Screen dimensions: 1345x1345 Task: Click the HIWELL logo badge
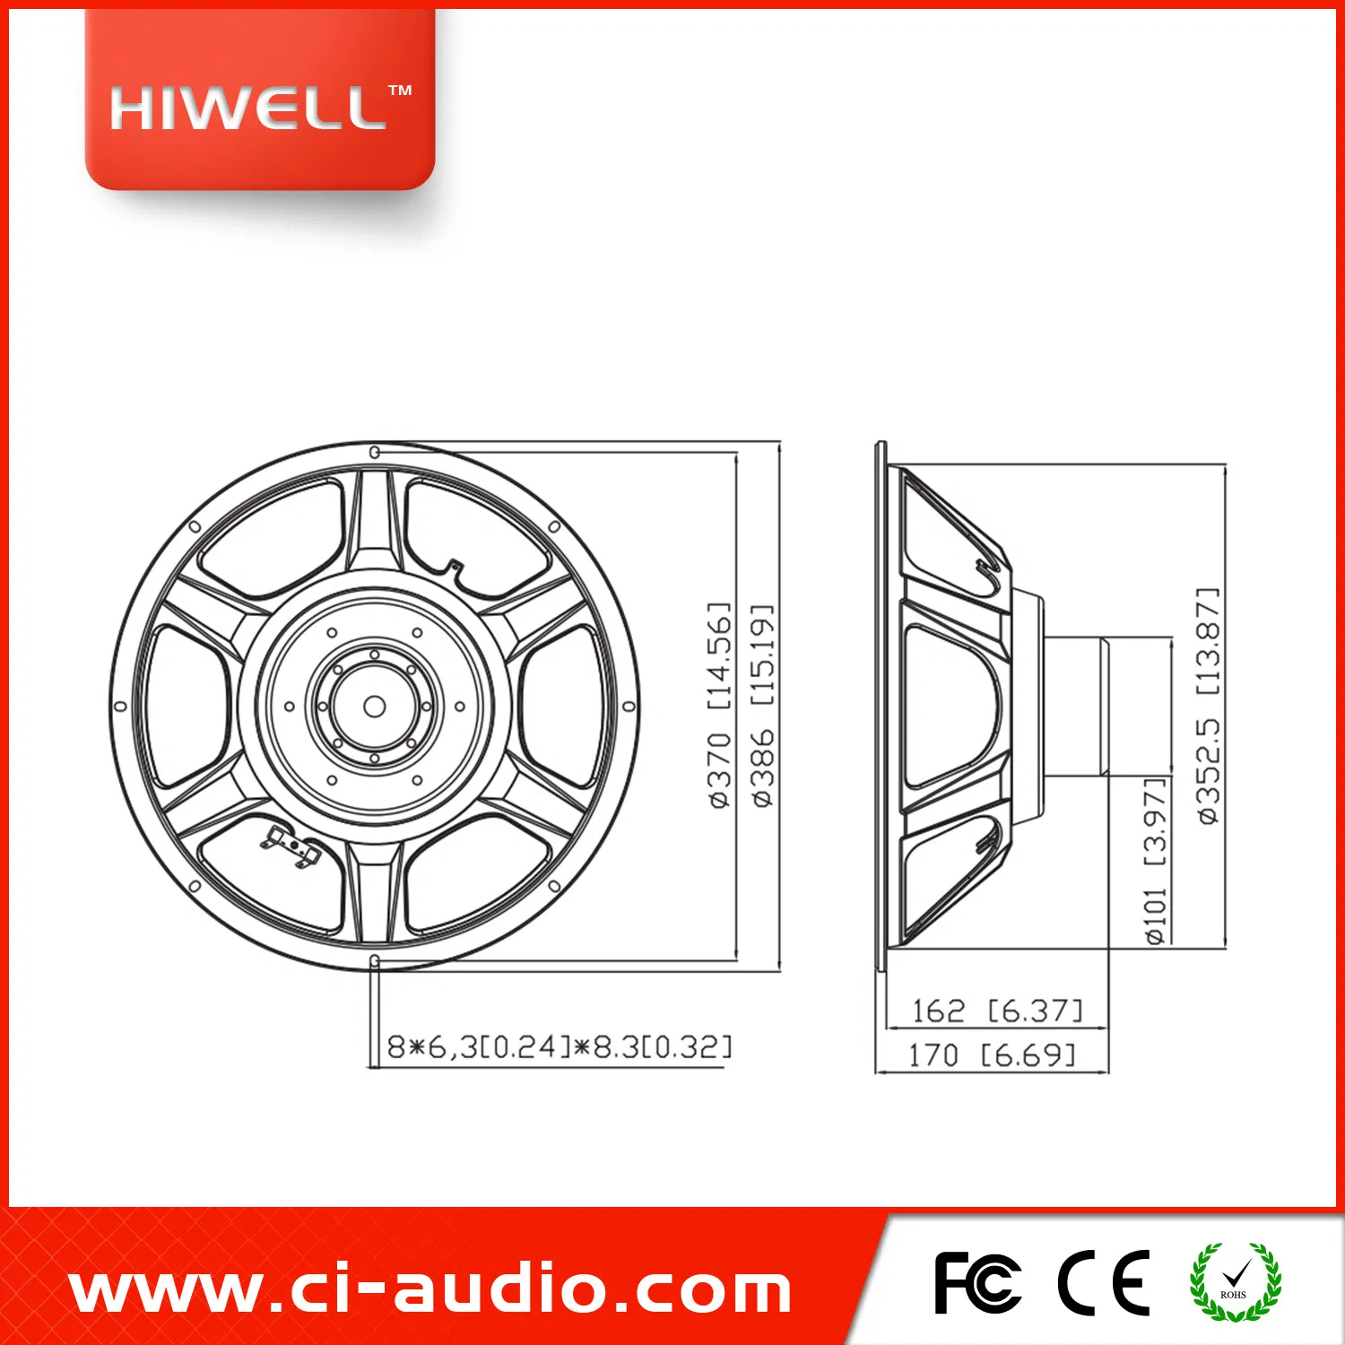(x=259, y=101)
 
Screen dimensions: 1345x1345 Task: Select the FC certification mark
(x=976, y=1283)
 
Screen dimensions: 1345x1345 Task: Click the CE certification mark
(x=1104, y=1283)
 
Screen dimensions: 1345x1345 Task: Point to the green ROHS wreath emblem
(x=1235, y=1282)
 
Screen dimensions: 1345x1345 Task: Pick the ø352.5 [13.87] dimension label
(x=1209, y=706)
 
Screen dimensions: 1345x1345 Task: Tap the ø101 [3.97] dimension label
(x=1157, y=861)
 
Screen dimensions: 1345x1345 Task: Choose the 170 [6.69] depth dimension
(x=992, y=1055)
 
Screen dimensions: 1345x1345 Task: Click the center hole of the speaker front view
(x=375, y=707)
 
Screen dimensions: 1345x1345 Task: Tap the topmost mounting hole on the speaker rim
(x=375, y=452)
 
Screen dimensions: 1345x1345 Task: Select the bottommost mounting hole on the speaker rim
(x=375, y=961)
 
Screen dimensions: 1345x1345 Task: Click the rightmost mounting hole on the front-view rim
(x=629, y=707)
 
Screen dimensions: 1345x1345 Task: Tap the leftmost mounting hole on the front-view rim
(x=120, y=707)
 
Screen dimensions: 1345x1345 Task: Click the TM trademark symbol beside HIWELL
(x=400, y=91)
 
